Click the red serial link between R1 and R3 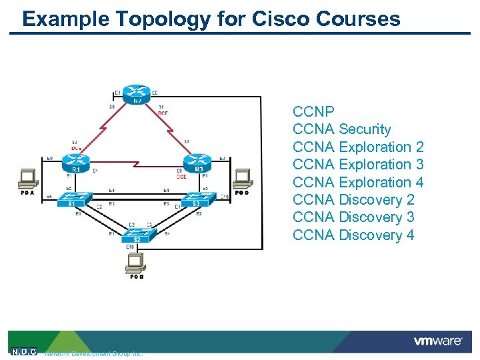click(x=137, y=163)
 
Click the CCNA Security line click(x=341, y=129)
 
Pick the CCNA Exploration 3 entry click(x=358, y=165)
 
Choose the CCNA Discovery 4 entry click(x=353, y=235)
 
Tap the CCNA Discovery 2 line click(x=353, y=199)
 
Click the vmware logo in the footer click(x=438, y=341)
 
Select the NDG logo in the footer click(x=24, y=351)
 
